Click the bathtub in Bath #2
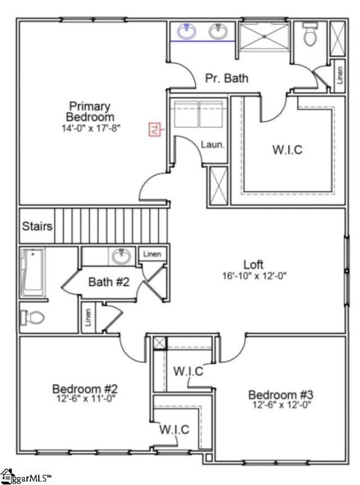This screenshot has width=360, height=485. tap(33, 273)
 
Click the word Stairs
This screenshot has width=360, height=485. tap(37, 227)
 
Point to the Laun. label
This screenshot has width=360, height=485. tap(213, 145)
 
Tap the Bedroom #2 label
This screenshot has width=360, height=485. tap(80, 389)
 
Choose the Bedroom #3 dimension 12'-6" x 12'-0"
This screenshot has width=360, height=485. tap(280, 405)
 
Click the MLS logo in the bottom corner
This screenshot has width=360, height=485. tap(27, 477)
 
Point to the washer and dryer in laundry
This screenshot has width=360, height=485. tap(199, 113)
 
